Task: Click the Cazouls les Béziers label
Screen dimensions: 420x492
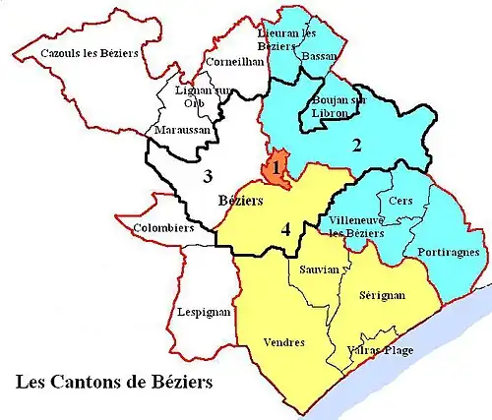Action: tap(90, 53)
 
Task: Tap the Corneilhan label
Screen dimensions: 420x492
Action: tap(236, 61)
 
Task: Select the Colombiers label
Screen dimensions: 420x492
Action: tap(162, 229)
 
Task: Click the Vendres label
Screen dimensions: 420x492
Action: tap(285, 341)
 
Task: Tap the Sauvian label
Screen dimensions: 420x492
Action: tap(317, 268)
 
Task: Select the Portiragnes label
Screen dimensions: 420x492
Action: tap(448, 252)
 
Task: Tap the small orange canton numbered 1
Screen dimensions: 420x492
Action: tap(277, 167)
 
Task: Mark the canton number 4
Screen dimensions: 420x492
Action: tap(285, 230)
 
